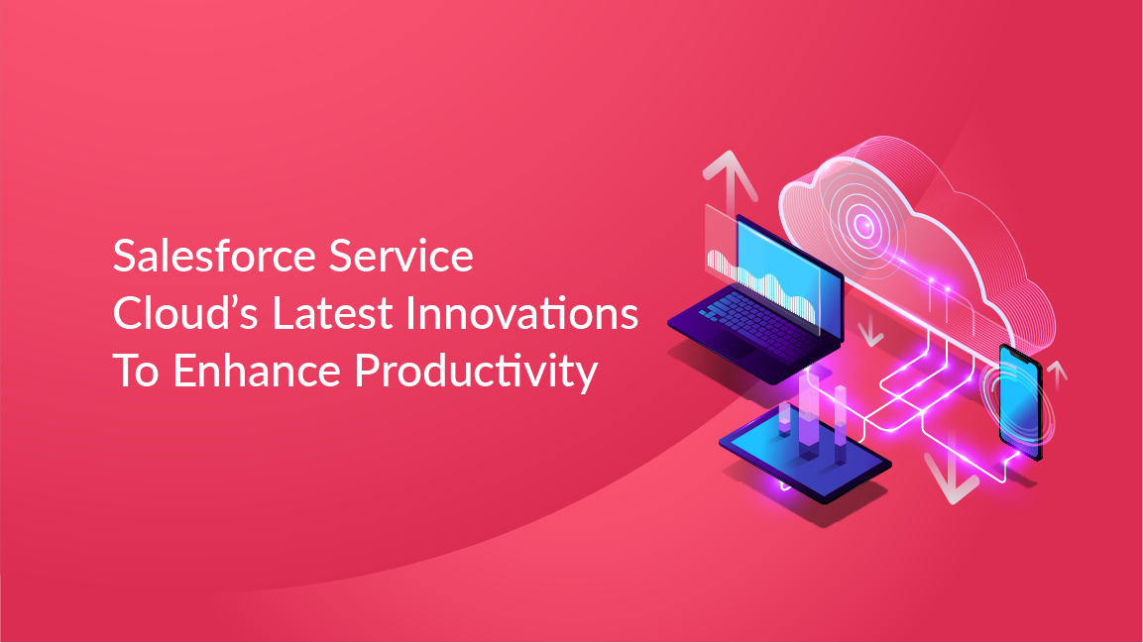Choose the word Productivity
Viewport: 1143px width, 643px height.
477,372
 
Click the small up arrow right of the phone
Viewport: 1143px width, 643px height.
1059,374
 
